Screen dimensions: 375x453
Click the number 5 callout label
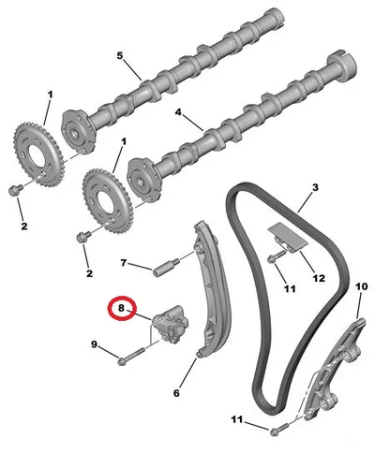tap(120, 56)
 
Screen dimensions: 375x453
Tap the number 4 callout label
tap(178, 112)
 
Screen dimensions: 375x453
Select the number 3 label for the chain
tap(315, 187)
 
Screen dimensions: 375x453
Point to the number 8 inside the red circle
tap(121, 308)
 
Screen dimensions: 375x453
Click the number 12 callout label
tap(319, 278)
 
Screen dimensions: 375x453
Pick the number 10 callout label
tap(361, 286)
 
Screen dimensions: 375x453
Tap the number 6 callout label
tap(177, 393)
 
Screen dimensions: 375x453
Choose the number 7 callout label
tap(124, 263)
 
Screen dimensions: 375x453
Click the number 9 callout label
tap(94, 344)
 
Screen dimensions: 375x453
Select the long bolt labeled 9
tap(130, 356)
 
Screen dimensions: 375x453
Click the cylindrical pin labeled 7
tap(166, 267)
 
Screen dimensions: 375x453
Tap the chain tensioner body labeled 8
tap(172, 325)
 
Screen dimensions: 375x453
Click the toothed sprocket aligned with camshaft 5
tap(38, 155)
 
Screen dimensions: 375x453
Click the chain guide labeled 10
tap(332, 371)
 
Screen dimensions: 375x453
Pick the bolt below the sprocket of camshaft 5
tap(16, 189)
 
